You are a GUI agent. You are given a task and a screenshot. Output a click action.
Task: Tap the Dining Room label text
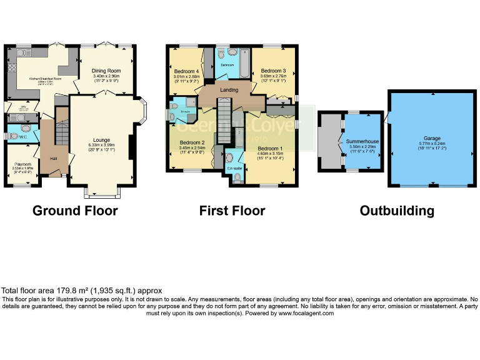[x=106, y=71]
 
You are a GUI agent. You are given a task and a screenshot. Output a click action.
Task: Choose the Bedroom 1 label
[x=270, y=148]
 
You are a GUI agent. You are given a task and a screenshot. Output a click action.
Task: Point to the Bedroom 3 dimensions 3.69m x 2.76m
[x=273, y=76]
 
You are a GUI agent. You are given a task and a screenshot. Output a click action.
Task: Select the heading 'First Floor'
[x=232, y=211]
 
